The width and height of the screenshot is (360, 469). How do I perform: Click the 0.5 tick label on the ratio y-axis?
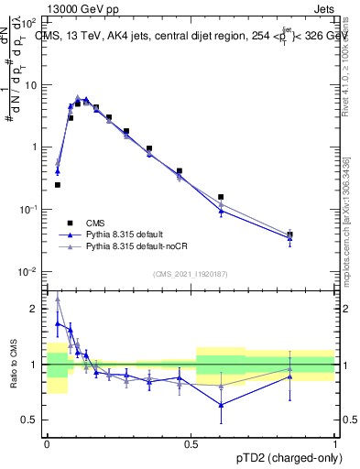click(x=31, y=420)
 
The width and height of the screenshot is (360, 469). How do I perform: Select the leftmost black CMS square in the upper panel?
click(x=58, y=185)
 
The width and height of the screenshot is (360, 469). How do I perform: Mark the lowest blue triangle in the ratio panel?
click(x=221, y=405)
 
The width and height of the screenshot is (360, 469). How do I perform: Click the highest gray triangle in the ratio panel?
click(x=58, y=298)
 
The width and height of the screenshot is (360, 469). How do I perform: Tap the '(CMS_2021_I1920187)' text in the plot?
click(x=191, y=274)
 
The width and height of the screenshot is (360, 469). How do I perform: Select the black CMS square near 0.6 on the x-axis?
click(x=221, y=197)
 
